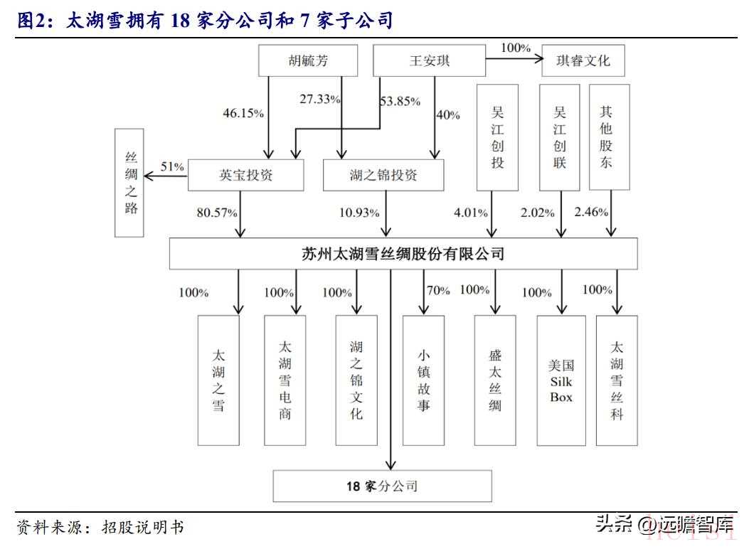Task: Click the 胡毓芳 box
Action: (308, 60)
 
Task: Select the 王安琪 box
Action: (429, 60)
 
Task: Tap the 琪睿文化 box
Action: (583, 60)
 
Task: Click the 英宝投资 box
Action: (246, 175)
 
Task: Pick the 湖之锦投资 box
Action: (383, 175)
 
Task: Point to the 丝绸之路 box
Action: (129, 183)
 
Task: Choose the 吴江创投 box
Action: (497, 137)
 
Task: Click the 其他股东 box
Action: (610, 137)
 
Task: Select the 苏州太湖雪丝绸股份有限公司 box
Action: (403, 253)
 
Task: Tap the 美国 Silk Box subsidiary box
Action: (561, 380)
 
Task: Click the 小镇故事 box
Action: (424, 380)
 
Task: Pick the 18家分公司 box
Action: (382, 486)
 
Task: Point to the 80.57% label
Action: (217, 213)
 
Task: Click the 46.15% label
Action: (243, 113)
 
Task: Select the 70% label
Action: (438, 290)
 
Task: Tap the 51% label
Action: (172, 166)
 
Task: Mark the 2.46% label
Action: (591, 211)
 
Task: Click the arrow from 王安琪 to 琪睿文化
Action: (514, 59)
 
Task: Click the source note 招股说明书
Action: (143, 527)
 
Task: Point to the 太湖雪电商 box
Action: (285, 380)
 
